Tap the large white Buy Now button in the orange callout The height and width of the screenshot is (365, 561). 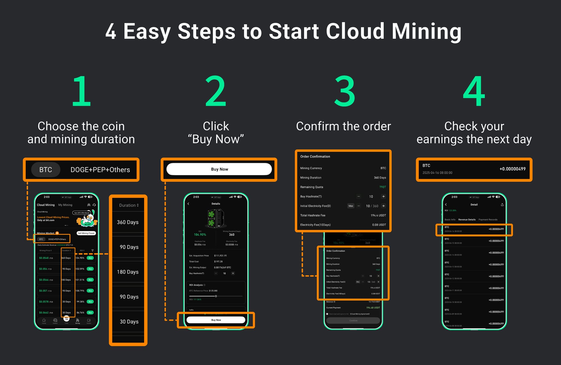219,169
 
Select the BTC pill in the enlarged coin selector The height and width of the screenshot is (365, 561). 46,170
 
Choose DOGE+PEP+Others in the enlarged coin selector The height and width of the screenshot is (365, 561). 100,170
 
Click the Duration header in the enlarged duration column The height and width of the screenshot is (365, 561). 129,205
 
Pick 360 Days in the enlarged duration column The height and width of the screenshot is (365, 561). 128,222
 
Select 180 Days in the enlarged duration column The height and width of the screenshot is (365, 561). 128,272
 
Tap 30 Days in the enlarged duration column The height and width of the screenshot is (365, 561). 129,321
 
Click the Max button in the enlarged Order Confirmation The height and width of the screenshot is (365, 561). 351,206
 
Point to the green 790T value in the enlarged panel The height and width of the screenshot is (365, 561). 383,187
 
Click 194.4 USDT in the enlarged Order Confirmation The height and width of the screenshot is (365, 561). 378,215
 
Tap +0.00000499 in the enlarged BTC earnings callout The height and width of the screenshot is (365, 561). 512,169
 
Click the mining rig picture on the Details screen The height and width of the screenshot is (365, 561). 216,218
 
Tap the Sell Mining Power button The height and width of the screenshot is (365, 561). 86,233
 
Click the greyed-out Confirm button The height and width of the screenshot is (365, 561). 353,320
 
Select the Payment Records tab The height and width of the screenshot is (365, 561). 488,220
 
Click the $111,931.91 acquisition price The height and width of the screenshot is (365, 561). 220,255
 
